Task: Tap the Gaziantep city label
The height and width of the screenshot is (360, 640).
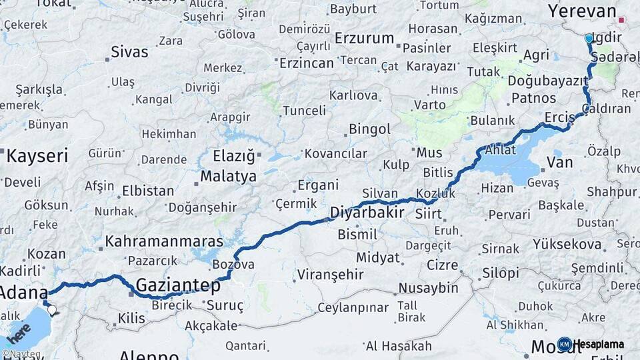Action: click(177, 286)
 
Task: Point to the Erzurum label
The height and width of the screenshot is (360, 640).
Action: click(364, 38)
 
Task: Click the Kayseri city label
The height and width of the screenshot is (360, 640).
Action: click(37, 157)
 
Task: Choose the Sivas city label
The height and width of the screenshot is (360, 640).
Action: click(129, 51)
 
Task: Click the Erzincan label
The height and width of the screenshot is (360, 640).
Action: click(306, 63)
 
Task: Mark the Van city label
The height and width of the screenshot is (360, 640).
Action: click(559, 162)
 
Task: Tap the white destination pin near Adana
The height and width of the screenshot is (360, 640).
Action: click(52, 310)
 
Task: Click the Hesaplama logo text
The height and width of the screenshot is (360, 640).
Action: click(600, 345)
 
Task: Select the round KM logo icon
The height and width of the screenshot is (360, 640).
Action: click(565, 345)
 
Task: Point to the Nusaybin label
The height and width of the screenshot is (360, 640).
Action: click(428, 288)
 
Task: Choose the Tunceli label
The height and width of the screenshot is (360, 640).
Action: click(304, 111)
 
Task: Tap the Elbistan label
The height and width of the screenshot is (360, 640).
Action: click(147, 191)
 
